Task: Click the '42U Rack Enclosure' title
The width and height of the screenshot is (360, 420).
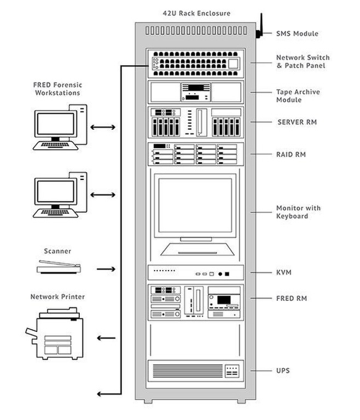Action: (x=196, y=13)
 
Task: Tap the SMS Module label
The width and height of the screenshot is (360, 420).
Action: (x=297, y=33)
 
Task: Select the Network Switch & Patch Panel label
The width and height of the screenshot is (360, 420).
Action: (x=303, y=61)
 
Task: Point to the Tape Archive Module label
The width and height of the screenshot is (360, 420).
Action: (x=298, y=96)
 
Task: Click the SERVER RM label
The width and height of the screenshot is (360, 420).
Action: (x=297, y=121)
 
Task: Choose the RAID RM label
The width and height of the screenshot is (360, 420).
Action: (x=291, y=155)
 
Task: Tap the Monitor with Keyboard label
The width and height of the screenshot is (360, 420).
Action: (x=298, y=212)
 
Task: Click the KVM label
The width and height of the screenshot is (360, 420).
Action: (x=284, y=272)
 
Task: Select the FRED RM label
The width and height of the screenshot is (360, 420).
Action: (x=291, y=299)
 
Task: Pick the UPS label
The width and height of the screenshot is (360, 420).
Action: (x=283, y=371)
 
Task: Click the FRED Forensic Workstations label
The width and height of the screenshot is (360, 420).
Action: (x=57, y=89)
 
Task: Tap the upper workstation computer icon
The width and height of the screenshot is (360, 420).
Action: (x=60, y=127)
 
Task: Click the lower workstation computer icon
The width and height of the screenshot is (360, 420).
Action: (x=60, y=195)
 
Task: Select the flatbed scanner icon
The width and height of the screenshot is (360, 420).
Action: (x=59, y=269)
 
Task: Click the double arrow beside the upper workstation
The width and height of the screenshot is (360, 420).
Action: (x=103, y=127)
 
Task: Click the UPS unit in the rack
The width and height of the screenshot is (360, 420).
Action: (x=195, y=371)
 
